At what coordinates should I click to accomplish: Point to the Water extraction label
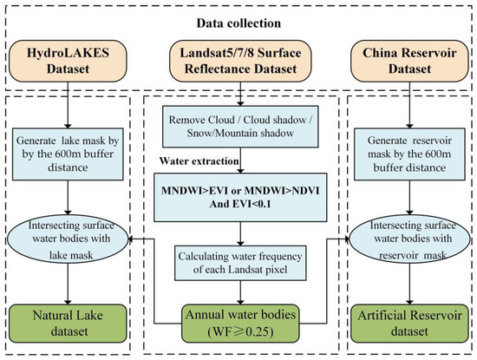coord(192,161)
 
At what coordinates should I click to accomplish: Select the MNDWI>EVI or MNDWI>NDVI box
coord(238,196)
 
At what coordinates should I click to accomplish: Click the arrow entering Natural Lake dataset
coord(67,282)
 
